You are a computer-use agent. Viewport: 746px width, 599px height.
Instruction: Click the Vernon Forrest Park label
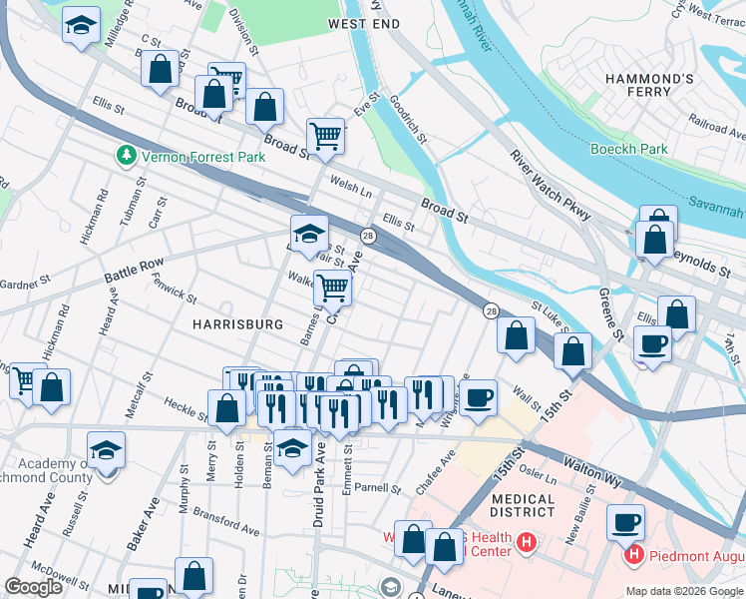(189, 157)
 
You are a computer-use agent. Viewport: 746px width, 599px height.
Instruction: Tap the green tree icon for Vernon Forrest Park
(127, 156)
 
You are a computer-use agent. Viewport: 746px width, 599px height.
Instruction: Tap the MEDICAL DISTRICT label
(523, 505)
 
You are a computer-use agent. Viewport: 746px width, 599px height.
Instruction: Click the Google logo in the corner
(34, 587)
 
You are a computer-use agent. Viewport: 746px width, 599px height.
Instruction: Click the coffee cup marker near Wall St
(478, 397)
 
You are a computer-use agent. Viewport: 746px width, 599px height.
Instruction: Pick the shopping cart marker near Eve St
(325, 134)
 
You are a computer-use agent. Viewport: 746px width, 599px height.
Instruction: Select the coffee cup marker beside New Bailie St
(625, 521)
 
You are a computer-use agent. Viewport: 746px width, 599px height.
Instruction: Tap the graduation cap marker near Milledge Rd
(82, 25)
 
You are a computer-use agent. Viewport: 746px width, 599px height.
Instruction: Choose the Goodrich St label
(409, 121)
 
